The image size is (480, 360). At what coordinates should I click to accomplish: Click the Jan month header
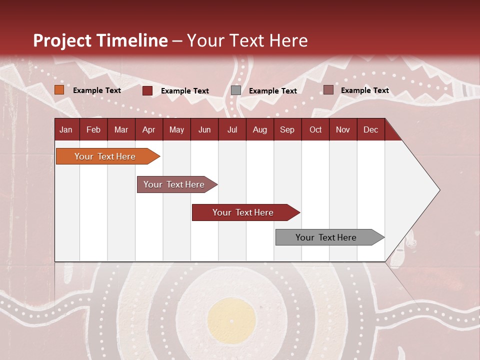tap(66, 130)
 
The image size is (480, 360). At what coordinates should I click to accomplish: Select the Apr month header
tap(148, 130)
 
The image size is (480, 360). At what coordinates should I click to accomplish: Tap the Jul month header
tap(232, 130)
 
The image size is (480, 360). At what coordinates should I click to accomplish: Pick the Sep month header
tap(287, 130)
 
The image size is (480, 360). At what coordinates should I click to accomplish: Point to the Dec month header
tap(370, 130)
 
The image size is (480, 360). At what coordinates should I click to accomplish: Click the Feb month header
tap(93, 130)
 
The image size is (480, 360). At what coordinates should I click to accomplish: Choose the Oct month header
tap(315, 130)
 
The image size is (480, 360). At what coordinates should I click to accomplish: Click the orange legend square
tap(59, 90)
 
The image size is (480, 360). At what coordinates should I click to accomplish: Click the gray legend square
tap(236, 90)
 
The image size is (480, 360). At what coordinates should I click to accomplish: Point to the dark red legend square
tap(147, 90)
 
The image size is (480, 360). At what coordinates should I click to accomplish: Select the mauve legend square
tap(328, 90)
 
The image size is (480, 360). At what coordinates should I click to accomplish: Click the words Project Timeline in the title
tap(100, 40)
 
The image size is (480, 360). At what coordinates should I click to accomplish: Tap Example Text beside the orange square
tap(97, 90)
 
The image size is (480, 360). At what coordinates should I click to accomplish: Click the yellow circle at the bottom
tap(231, 320)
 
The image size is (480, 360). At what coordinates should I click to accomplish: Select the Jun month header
tap(204, 130)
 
